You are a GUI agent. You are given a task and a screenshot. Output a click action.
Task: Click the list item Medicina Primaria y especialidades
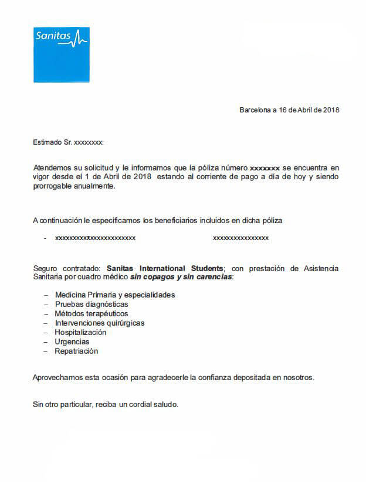pos(114,295)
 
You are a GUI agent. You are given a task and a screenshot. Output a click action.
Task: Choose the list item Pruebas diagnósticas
pos(91,305)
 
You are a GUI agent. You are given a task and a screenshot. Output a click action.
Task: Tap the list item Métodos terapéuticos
pos(91,314)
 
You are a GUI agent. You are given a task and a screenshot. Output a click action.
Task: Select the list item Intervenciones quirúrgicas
pos(100,323)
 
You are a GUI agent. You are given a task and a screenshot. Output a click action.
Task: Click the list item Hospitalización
pos(80,333)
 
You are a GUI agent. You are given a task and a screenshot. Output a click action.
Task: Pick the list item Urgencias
pos(72,342)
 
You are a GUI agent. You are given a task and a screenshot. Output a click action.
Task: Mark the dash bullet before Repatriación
pos(46,351)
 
